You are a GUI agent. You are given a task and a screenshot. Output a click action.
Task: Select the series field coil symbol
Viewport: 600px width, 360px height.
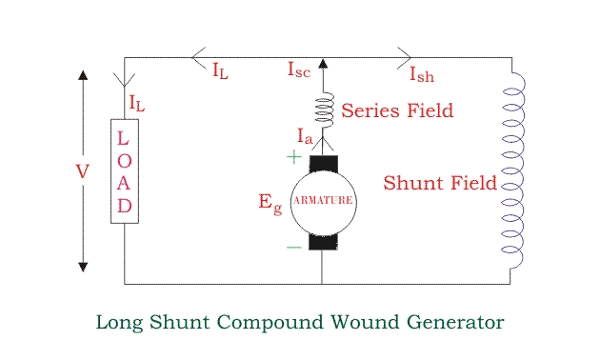click(324, 110)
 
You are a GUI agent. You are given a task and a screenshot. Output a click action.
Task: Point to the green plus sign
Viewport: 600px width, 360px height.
click(294, 156)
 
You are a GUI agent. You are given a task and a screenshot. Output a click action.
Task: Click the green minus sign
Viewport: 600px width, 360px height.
click(294, 248)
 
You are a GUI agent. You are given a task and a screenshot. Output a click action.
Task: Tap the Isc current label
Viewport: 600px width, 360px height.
click(299, 70)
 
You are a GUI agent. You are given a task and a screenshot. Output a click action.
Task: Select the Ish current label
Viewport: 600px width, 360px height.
click(422, 74)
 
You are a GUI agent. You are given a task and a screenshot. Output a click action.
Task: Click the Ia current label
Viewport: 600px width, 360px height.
click(306, 136)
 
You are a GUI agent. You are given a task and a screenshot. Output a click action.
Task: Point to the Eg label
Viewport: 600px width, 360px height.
click(270, 204)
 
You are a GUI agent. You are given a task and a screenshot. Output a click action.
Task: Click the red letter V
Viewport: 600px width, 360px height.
click(83, 171)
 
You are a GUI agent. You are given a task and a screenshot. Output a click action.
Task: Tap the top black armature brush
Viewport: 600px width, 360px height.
click(324, 164)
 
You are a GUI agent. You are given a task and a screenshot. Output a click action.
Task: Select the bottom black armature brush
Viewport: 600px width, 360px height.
click(324, 242)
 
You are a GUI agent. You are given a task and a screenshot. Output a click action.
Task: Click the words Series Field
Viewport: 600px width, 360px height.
click(397, 110)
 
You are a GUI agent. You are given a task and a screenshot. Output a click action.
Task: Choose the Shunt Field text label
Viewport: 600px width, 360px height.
click(440, 183)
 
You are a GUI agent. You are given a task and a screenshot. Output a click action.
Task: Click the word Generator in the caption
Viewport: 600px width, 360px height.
click(455, 322)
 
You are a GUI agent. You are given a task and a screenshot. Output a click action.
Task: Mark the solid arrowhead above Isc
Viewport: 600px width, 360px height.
click(323, 63)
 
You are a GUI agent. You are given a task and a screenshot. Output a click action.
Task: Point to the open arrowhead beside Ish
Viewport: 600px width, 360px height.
click(404, 58)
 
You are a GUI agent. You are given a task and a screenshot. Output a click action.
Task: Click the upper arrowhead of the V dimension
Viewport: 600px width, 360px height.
click(83, 75)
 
